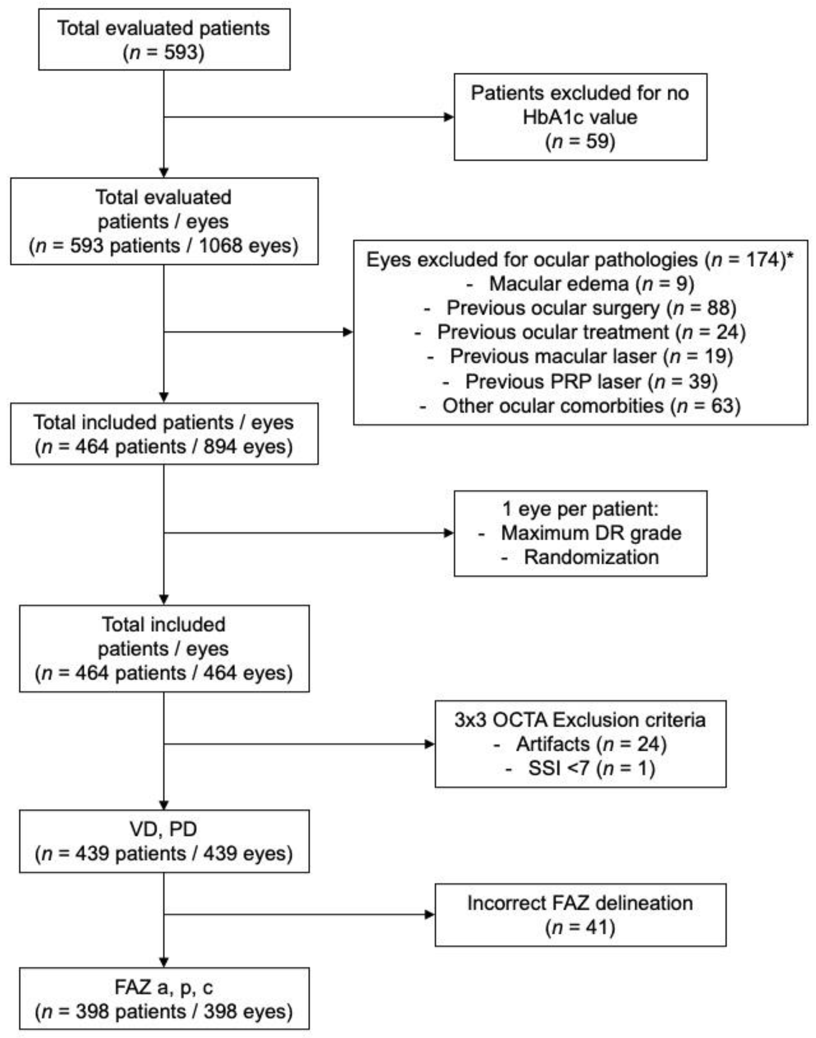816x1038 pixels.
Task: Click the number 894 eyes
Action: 220,447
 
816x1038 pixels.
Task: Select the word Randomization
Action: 592,557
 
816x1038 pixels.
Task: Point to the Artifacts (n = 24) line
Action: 591,744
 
